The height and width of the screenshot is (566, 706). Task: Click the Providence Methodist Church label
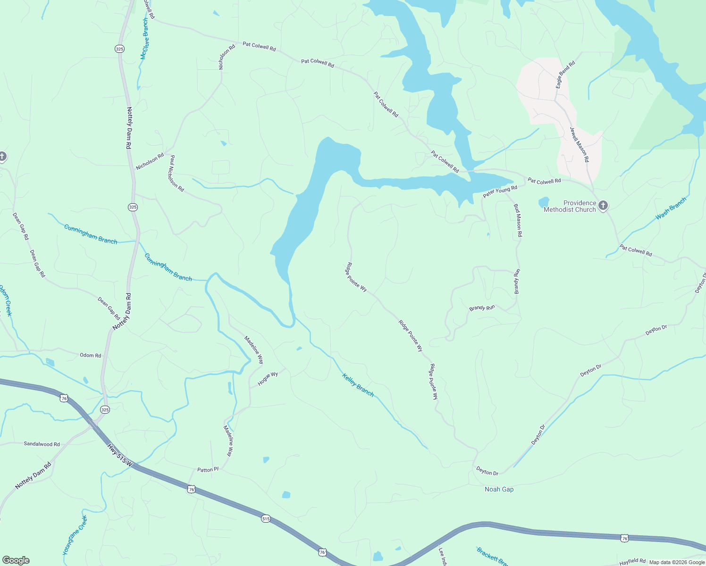(x=570, y=206)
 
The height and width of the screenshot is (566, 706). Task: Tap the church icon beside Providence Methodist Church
(x=603, y=206)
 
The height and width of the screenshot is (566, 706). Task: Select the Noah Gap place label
(x=499, y=489)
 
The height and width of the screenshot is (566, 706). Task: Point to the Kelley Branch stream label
(x=358, y=385)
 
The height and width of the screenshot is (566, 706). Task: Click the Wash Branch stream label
(x=671, y=209)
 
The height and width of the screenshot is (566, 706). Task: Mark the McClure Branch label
(x=145, y=40)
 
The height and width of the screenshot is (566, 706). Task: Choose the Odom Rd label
(x=90, y=355)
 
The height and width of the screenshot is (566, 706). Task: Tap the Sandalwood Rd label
(x=42, y=444)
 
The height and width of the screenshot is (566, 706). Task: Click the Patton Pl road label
(x=208, y=470)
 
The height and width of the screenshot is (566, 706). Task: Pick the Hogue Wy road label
(x=268, y=378)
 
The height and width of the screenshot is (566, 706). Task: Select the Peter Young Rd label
(x=500, y=191)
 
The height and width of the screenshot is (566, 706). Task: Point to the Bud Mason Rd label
(x=518, y=220)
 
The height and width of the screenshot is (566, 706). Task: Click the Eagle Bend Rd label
(x=565, y=75)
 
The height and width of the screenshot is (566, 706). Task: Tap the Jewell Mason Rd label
(x=579, y=144)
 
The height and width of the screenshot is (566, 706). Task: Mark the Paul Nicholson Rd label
(x=176, y=173)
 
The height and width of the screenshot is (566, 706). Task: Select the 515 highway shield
(x=266, y=518)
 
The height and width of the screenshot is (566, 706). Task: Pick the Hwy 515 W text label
(x=119, y=455)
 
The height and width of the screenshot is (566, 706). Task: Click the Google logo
(x=16, y=560)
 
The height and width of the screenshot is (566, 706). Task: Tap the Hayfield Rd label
(x=632, y=561)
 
